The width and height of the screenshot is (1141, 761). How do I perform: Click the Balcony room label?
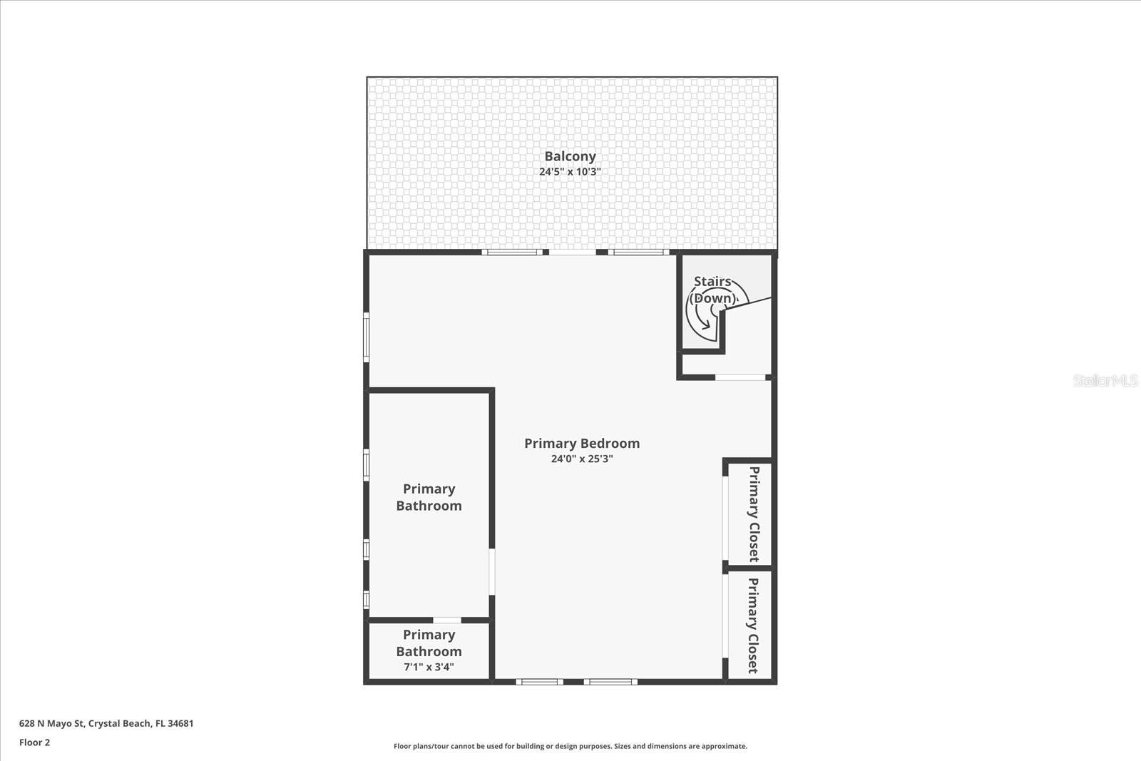[x=570, y=156]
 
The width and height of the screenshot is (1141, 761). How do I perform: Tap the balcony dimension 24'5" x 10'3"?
[x=570, y=172]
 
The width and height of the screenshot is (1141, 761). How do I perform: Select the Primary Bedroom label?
[x=582, y=443]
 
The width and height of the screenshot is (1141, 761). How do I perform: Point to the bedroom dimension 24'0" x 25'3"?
[x=582, y=459]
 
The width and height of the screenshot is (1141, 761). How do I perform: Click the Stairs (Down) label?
[x=712, y=290]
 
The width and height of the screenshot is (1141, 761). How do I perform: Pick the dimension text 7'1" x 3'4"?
[x=429, y=668]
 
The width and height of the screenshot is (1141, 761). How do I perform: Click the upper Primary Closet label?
[x=754, y=514]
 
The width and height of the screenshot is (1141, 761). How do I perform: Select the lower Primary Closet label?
[x=753, y=625]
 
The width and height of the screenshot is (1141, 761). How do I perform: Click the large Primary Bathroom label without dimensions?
[x=429, y=497]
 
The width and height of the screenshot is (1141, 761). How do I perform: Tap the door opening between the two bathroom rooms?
[x=447, y=620]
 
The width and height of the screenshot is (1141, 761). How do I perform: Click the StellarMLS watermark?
[x=1105, y=381]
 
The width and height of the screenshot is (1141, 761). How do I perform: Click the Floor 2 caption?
[x=34, y=742]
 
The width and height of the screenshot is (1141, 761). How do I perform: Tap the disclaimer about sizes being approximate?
[x=570, y=746]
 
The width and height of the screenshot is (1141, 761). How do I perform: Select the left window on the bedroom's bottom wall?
[x=540, y=682]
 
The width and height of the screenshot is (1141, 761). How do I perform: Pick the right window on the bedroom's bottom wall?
[x=610, y=682]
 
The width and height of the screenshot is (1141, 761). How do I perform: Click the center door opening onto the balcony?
[x=573, y=252]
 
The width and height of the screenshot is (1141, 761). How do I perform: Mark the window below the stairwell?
[x=740, y=377]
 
